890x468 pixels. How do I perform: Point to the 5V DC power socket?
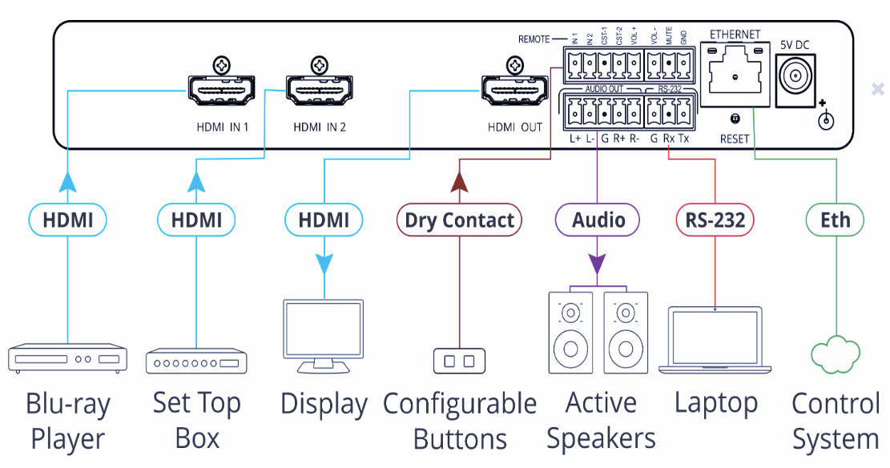(x=797, y=79)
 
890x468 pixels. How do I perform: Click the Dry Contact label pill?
(x=460, y=220)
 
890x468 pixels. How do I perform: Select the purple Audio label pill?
(x=598, y=220)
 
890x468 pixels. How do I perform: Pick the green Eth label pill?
(x=835, y=220)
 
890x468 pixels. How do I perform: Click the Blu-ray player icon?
(x=67, y=358)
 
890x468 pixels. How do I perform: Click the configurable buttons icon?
(x=459, y=361)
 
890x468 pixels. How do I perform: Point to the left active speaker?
(x=570, y=332)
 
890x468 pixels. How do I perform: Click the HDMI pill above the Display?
(x=324, y=220)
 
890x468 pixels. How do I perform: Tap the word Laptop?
(x=715, y=403)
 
